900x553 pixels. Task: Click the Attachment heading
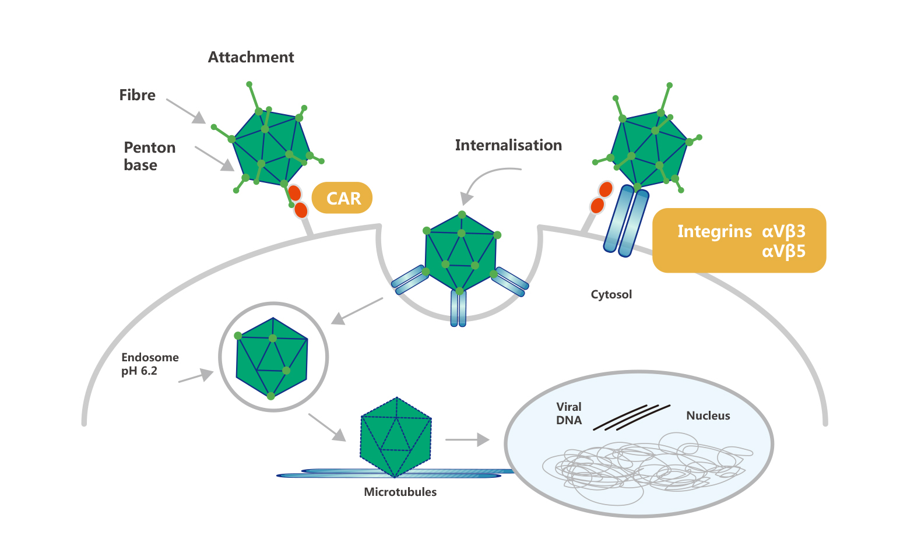tap(251, 57)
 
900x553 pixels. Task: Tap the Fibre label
tap(137, 95)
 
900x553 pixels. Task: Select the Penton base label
tap(149, 156)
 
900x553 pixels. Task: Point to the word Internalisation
tap(508, 145)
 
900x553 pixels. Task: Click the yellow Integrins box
tap(739, 240)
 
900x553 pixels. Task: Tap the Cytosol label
tap(611, 294)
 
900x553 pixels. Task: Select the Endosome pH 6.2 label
tap(150, 364)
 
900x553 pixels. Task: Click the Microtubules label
tap(400, 492)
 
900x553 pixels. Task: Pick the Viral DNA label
tap(569, 414)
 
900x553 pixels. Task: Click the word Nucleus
tap(708, 415)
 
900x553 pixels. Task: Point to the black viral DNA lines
tap(631, 418)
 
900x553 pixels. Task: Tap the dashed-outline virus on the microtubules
tap(396, 436)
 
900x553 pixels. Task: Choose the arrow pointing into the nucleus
tap(467, 440)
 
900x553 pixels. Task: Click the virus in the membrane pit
tap(460, 253)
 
